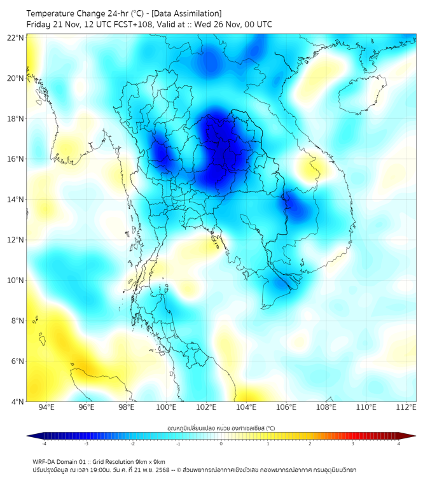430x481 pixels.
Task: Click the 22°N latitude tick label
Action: tap(16, 38)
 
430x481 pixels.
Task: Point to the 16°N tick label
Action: tap(16, 159)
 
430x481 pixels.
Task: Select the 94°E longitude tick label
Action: tap(46, 408)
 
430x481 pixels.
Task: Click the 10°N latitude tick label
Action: tap(16, 281)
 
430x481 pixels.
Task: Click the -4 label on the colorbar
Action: tap(44, 443)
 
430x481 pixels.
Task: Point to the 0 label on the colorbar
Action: tap(221, 443)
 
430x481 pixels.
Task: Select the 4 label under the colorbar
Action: tap(398, 443)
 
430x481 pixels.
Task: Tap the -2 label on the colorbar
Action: tap(132, 443)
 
